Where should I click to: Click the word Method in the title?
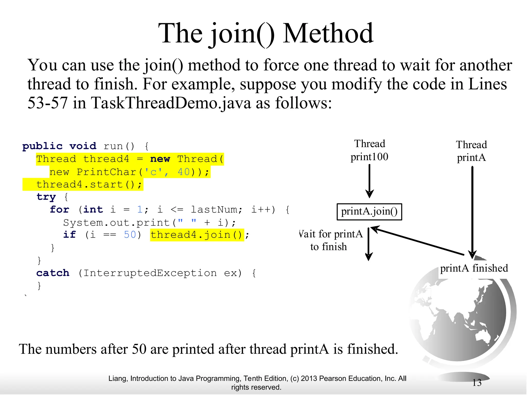[328, 33]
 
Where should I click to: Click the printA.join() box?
[369, 212]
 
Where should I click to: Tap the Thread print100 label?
[370, 150]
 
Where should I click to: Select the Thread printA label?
[471, 151]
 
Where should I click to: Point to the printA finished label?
[474, 268]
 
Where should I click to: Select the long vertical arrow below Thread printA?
[472, 211]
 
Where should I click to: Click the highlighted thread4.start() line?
[89, 184]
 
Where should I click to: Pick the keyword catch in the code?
[53, 273]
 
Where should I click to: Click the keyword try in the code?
[46, 197]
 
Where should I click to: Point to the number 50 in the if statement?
[130, 235]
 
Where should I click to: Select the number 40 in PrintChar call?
[183, 172]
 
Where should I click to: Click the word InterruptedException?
[150, 273]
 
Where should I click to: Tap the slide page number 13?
[477, 383]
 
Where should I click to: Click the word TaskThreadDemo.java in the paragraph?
[171, 103]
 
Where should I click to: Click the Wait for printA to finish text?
[331, 240]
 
